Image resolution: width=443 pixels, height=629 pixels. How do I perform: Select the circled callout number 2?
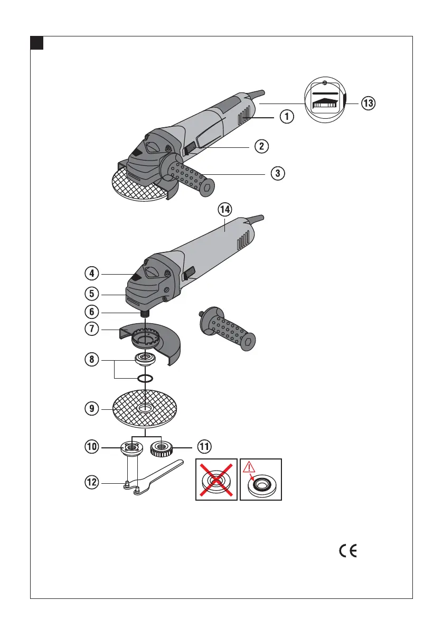(261, 146)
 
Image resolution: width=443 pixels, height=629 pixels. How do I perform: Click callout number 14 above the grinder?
(225, 209)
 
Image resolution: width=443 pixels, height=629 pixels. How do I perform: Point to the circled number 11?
(204, 447)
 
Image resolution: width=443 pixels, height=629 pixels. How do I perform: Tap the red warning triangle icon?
(249, 467)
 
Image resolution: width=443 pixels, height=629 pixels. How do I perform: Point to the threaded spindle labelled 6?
(146, 312)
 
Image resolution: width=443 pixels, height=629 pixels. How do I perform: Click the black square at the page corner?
(36, 42)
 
